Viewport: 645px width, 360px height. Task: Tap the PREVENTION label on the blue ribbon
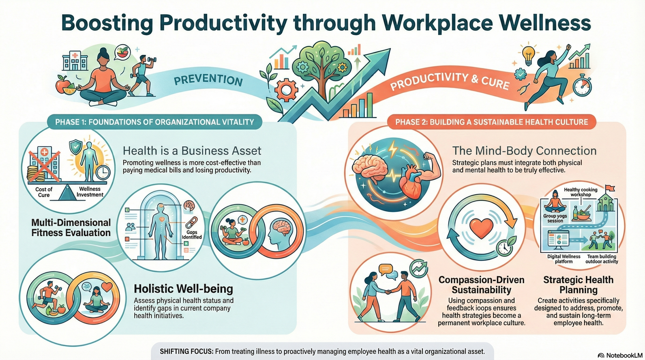point(208,79)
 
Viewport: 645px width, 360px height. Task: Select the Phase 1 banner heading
point(155,122)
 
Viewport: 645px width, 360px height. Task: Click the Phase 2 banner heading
point(491,122)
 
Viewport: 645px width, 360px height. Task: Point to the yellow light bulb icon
point(528,54)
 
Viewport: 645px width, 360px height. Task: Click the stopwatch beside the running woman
point(582,86)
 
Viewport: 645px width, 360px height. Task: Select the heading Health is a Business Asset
point(192,151)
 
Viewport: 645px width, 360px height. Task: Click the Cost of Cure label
point(44,192)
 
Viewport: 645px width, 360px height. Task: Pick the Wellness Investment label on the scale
point(90,191)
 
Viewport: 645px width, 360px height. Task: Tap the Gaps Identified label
point(192,235)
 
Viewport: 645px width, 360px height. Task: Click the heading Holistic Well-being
point(183,289)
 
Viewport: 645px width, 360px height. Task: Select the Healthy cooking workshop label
point(580,192)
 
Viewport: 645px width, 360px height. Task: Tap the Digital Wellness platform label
point(564,259)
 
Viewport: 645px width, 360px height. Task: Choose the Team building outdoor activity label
point(601,259)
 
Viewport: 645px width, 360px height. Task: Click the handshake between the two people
point(388,291)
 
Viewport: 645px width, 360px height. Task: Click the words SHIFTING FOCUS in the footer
point(186,351)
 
